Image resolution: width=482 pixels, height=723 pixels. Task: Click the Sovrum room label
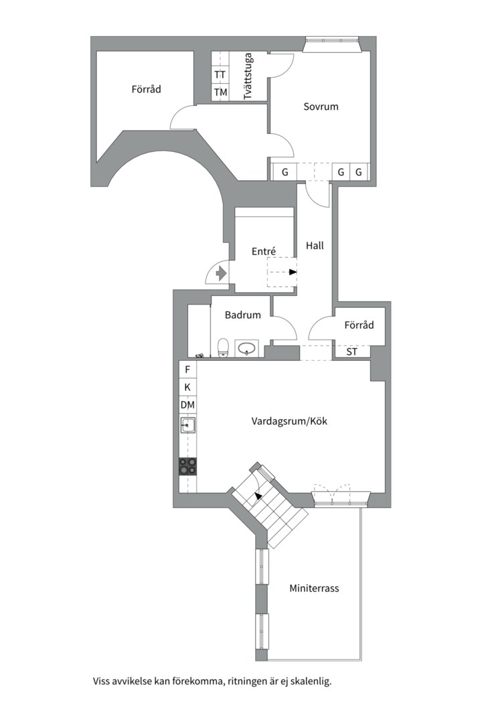coord(321,106)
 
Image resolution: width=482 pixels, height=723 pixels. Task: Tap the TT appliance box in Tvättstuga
coord(220,74)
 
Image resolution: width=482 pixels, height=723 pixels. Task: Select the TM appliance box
coord(220,92)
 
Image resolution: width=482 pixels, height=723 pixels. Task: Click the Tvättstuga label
coord(248,76)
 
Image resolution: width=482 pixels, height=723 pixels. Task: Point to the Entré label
coord(264,251)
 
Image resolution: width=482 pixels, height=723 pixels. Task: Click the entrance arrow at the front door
coord(221,273)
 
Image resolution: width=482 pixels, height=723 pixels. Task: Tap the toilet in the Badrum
coord(223,347)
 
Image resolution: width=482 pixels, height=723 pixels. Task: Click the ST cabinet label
coord(351,352)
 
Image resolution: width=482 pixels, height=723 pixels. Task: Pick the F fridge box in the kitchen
coord(187,370)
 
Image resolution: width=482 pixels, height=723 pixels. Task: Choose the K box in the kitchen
coord(187,388)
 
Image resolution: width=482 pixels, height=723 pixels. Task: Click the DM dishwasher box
coord(187,405)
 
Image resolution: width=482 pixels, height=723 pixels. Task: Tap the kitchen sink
coord(187,425)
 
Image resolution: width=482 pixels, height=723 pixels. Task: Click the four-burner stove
coord(187,466)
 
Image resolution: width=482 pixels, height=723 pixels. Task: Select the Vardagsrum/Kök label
coord(289,421)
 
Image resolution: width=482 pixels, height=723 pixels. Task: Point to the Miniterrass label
coord(314,588)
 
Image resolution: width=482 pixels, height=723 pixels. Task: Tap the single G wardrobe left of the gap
coord(285,172)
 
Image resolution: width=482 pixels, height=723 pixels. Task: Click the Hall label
coord(315,246)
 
